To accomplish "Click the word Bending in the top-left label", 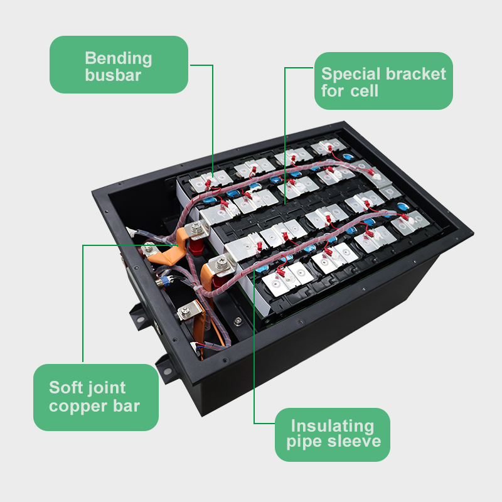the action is click(x=119, y=59).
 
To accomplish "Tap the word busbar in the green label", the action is click(x=113, y=75).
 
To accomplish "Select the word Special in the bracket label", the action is click(x=351, y=75).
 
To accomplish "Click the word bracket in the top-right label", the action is click(x=416, y=73).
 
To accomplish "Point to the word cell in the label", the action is click(x=365, y=90).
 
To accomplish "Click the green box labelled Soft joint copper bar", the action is click(x=96, y=397).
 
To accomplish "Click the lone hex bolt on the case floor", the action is click(x=238, y=321).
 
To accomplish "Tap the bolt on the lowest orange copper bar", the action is click(x=185, y=310).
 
